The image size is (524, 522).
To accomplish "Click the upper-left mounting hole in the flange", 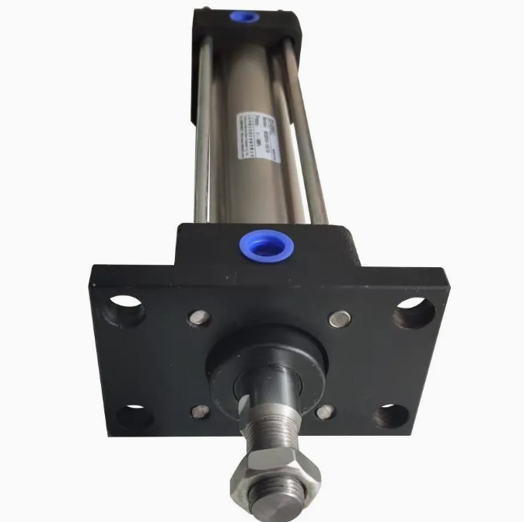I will (126, 309).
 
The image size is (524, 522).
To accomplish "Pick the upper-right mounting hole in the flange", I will (413, 312).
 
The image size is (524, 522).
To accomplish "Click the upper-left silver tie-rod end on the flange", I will (201, 317).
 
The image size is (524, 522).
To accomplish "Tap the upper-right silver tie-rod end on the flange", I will (340, 317).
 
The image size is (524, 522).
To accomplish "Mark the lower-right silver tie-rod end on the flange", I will (325, 412).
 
